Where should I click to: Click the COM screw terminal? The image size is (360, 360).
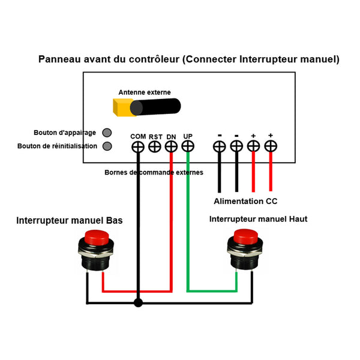coord(138,146)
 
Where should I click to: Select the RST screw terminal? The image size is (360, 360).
coord(155,146)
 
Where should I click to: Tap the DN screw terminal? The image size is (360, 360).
coord(171,146)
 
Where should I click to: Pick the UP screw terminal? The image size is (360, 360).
coord(188,146)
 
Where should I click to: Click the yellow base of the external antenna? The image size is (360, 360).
coord(122,107)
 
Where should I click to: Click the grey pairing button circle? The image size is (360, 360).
coord(107,133)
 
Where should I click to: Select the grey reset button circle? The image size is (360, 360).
coord(107,146)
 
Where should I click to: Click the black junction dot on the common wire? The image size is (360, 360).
coord(139,303)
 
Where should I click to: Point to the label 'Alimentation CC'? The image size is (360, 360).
coord(245,202)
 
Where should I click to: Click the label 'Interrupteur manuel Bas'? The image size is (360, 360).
coord(70,221)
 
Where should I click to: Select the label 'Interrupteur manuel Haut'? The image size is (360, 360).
coord(258,219)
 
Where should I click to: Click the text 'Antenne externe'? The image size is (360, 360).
coord(145,92)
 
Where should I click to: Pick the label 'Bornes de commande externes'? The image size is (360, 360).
coord(154,172)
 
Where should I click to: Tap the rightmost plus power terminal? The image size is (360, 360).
coord(271,146)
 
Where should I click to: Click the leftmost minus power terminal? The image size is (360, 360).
coord(220,146)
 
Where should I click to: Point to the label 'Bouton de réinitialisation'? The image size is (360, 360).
coord(57,146)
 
